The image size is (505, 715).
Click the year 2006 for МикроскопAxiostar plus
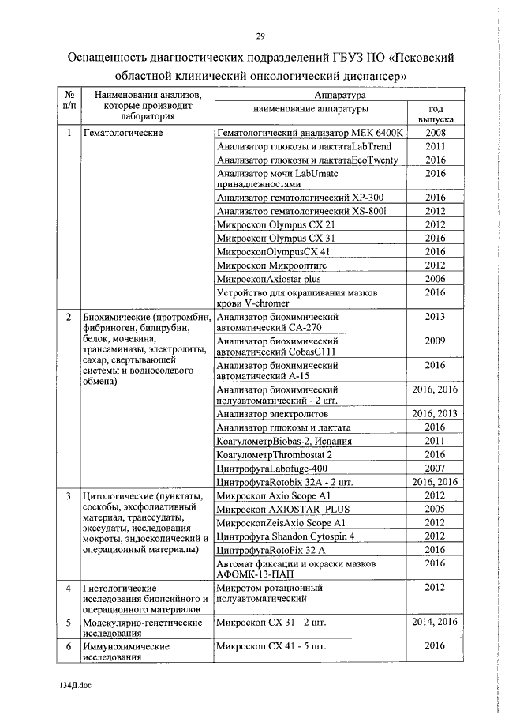click(435, 279)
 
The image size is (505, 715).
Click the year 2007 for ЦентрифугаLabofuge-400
click(435, 468)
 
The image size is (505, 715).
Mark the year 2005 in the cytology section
click(435, 509)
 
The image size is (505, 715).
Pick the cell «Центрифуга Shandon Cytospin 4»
click(286, 536)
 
